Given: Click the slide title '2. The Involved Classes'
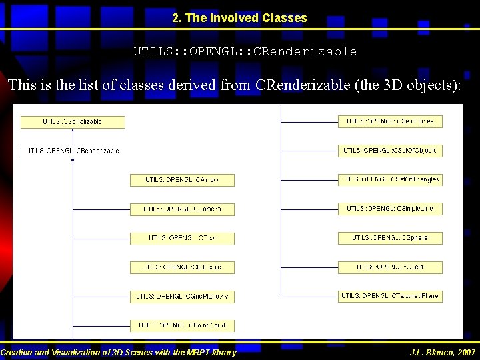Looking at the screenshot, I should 239,19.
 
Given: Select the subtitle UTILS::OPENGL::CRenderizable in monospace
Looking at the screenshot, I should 245,51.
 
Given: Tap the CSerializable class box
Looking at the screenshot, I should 73,122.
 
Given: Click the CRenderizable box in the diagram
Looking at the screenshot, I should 73,151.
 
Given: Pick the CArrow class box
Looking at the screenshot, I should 182,180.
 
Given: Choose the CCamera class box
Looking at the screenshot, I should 182,209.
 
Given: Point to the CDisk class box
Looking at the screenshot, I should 182,238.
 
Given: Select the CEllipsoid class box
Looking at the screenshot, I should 182,267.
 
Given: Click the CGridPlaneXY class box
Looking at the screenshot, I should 182,296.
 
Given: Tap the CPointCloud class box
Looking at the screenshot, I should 182,325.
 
